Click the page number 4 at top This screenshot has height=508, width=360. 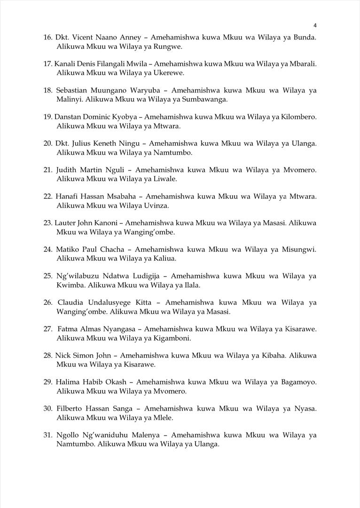(x=315, y=25)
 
